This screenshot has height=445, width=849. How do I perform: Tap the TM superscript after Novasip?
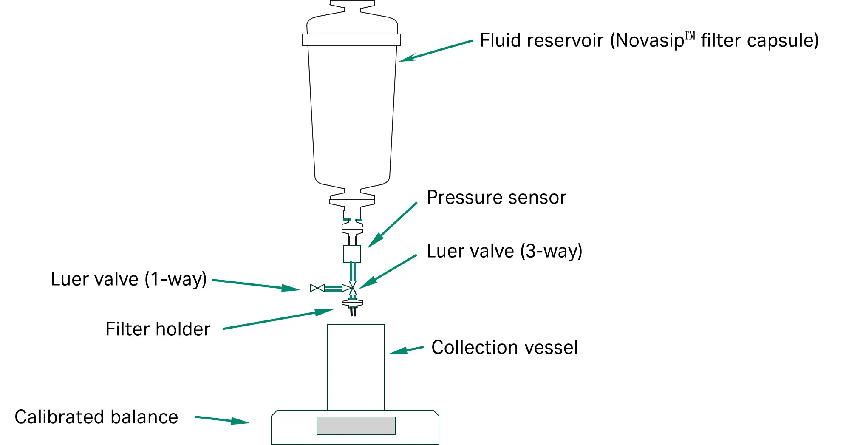(690, 35)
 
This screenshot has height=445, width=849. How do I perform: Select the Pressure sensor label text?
(496, 198)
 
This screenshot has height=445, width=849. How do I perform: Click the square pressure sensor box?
(352, 254)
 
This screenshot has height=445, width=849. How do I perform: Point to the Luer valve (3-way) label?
(504, 251)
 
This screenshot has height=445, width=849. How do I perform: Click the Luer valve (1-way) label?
(129, 279)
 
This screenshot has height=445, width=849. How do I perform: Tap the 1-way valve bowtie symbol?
(317, 288)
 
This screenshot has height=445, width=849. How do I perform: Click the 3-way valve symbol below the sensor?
(352, 288)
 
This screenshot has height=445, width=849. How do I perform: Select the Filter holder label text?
(158, 329)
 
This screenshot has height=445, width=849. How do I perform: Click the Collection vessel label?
(504, 348)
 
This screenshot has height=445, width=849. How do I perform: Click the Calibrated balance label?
(96, 417)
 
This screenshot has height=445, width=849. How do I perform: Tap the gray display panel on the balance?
(356, 425)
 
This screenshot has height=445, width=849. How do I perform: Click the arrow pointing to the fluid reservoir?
(435, 51)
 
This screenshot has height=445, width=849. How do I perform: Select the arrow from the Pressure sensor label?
(392, 225)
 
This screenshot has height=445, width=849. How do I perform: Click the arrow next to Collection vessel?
(406, 350)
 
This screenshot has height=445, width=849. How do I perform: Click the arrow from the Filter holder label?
(278, 319)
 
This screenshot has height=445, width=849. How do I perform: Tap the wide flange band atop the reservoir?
(351, 40)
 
